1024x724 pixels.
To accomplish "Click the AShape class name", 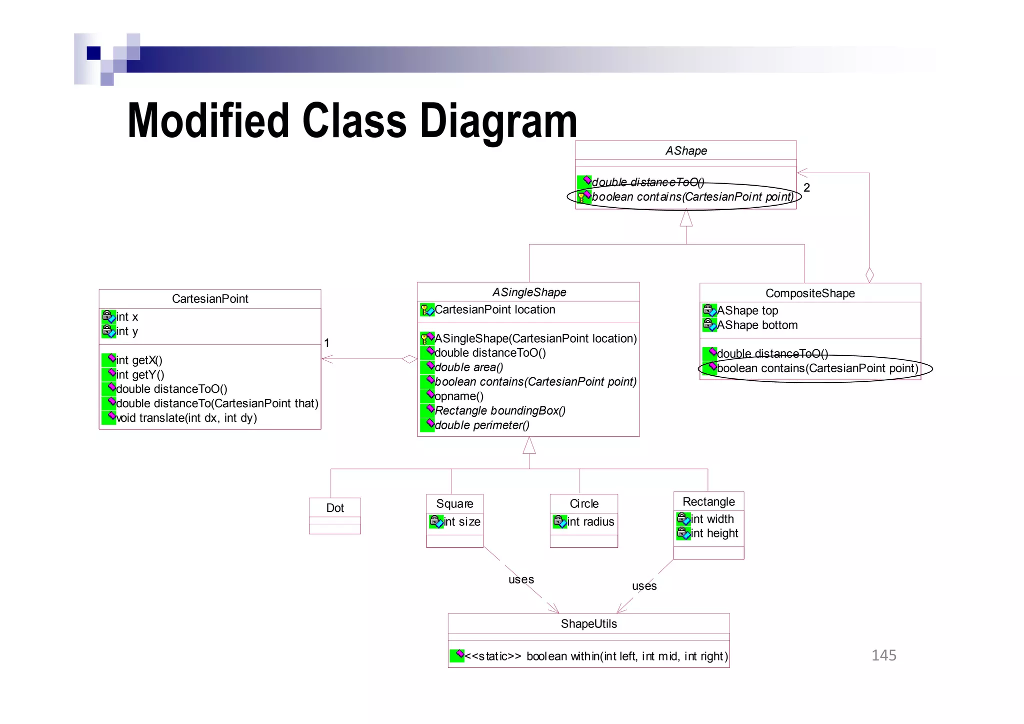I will pos(685,151).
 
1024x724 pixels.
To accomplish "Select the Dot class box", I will pos(334,515).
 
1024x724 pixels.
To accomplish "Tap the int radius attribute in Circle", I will pos(590,522).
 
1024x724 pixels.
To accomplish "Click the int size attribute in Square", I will pos(461,522).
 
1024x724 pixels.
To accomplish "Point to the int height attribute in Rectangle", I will pos(714,533).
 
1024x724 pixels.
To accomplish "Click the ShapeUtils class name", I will pos(588,624).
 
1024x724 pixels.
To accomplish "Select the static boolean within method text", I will pos(595,656).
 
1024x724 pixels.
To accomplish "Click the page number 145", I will pos(883,655).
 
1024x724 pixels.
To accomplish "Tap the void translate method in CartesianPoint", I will pos(186,418).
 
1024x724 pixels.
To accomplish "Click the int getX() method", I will pos(139,360).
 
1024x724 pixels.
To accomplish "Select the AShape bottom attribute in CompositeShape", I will pos(757,325).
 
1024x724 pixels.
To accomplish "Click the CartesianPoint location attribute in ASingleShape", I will pos(494,310).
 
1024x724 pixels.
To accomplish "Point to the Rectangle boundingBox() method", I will pos(499,411).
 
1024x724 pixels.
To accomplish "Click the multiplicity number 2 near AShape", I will pos(806,188).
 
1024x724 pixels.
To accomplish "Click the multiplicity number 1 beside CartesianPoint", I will pos(326,343).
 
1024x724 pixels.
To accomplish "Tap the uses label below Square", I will pos(521,579).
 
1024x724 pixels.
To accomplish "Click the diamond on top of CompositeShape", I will pos(869,275).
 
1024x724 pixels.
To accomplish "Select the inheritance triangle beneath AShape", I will pos(686,218).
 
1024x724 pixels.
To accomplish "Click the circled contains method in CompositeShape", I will pos(817,369).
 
